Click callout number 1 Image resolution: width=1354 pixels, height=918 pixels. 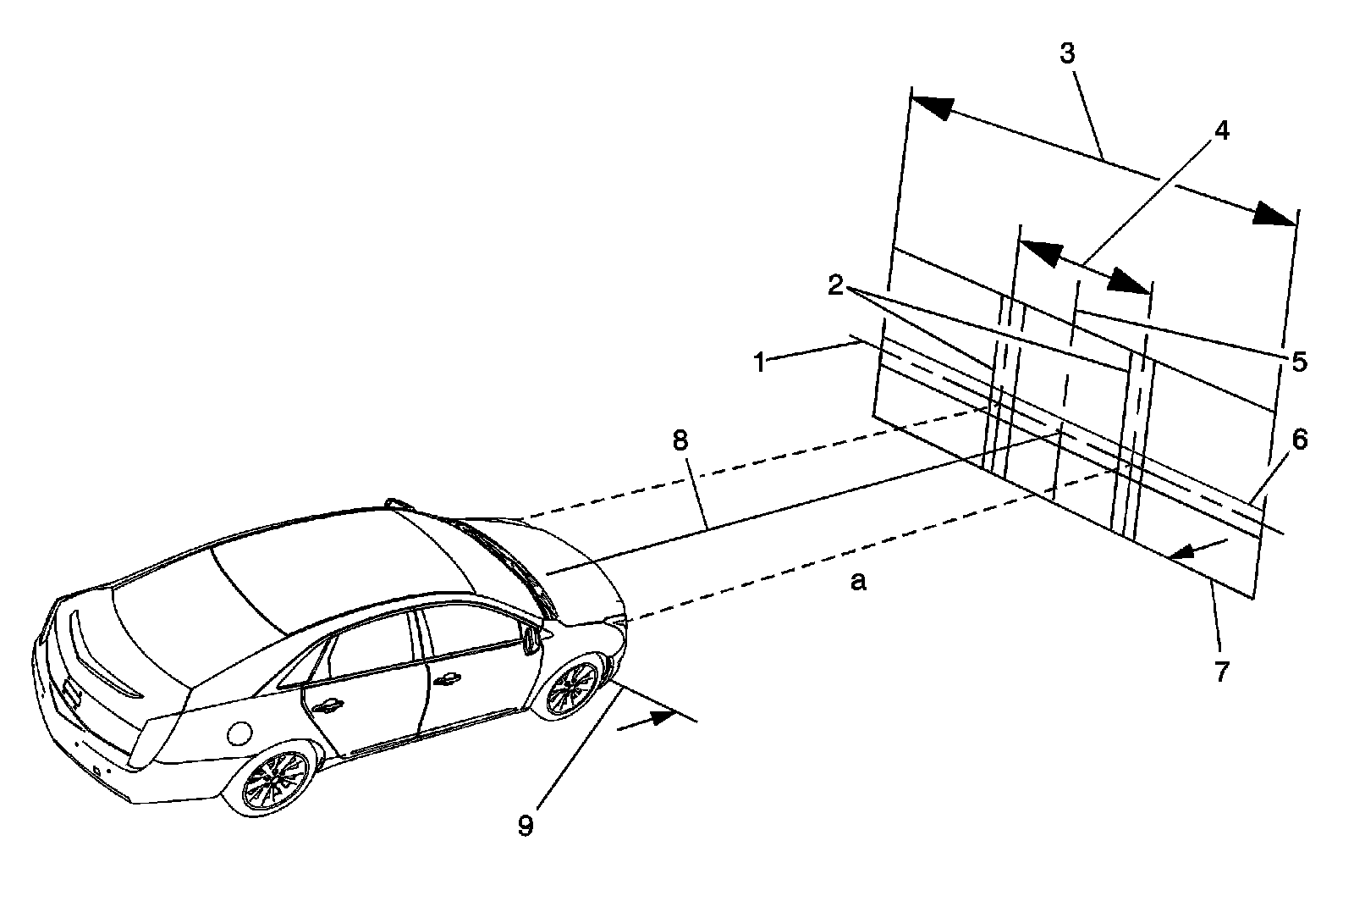759,363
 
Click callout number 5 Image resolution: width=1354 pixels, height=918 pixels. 1298,362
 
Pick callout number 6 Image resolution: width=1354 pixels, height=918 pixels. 1299,440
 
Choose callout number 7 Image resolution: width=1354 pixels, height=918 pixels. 1220,671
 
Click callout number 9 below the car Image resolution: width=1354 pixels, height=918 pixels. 526,825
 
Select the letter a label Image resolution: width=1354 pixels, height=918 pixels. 858,582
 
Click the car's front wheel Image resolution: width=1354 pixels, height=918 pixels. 572,688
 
